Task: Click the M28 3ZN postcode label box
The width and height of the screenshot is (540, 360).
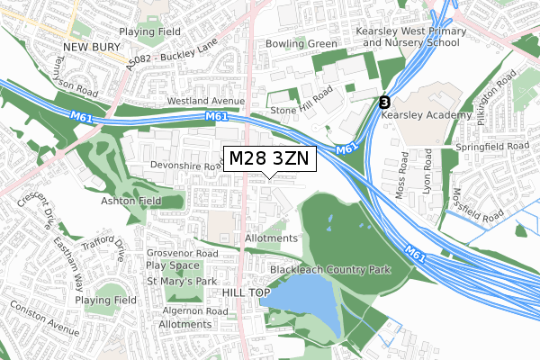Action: (x=268, y=158)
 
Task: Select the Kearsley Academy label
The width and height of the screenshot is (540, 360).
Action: (x=427, y=115)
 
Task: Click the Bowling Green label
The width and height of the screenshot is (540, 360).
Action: (x=301, y=43)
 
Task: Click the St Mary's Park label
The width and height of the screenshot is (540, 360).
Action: (x=183, y=282)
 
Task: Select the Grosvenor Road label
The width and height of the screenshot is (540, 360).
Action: (x=183, y=255)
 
